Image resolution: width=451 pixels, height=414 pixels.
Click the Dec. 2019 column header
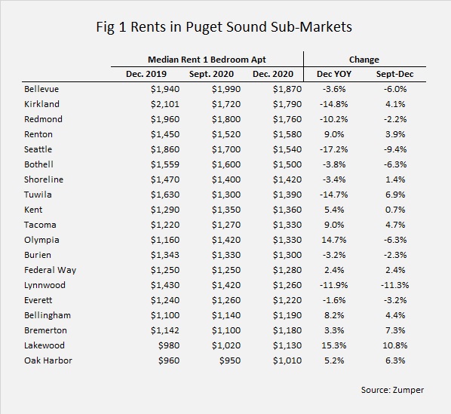click(x=146, y=74)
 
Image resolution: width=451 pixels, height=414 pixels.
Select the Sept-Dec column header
click(x=394, y=74)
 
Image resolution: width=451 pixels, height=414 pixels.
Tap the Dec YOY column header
click(x=334, y=74)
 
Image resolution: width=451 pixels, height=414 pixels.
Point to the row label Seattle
click(x=38, y=149)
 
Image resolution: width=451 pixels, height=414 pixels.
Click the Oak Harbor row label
click(x=48, y=360)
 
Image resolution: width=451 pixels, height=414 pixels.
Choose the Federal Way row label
click(x=50, y=270)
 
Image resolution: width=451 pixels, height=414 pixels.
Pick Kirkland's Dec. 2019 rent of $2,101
click(x=165, y=104)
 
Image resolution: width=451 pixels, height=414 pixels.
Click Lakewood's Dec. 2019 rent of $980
click(x=169, y=345)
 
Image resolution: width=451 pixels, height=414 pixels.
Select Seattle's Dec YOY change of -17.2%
click(x=333, y=149)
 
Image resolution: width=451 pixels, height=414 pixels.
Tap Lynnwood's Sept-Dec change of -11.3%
click(x=395, y=285)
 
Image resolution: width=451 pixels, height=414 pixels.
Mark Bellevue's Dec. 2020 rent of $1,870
click(x=287, y=89)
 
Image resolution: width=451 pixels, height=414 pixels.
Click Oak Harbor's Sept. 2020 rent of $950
click(x=230, y=360)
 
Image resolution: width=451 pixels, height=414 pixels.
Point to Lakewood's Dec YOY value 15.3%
click(x=333, y=345)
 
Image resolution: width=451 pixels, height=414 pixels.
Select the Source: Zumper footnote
click(x=392, y=390)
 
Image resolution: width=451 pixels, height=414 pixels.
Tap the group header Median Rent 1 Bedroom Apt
click(x=207, y=60)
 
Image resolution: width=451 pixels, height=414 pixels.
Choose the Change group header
click(x=364, y=60)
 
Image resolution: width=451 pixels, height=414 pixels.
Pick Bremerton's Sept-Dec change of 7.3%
click(x=395, y=330)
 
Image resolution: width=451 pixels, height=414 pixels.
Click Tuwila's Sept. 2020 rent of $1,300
click(x=226, y=195)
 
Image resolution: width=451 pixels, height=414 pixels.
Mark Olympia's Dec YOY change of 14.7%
click(x=333, y=240)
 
